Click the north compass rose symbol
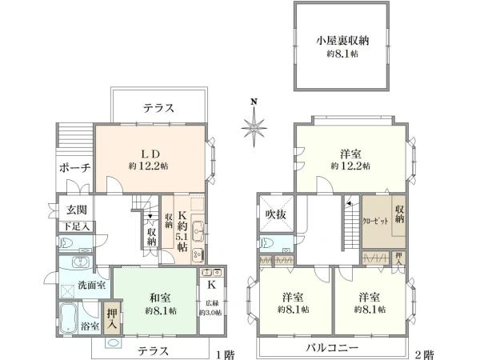pos(254,125)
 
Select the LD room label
pos(148,152)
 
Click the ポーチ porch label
pos(74,168)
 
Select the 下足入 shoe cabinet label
pos(77,227)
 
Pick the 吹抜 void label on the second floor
pos(275,214)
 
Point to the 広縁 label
pos(212,303)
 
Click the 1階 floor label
pos(226,354)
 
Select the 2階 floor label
pos(423,354)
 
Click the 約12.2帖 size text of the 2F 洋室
pos(350,166)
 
